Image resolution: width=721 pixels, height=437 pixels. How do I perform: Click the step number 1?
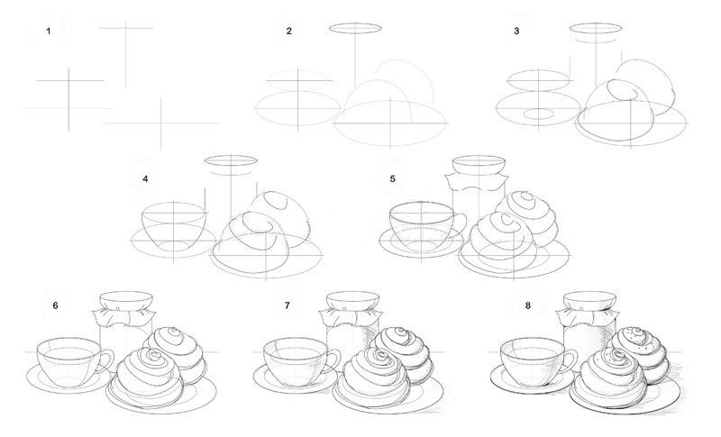49,32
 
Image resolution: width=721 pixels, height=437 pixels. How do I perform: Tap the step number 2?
288,32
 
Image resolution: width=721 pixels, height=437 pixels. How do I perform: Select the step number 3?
516,32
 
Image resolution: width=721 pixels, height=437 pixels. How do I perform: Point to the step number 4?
145,178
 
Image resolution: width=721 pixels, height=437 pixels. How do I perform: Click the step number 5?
392,178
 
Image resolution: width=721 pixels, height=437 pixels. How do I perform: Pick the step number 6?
55,305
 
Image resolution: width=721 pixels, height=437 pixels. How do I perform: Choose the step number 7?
287,305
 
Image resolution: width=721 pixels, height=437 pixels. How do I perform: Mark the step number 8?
528,305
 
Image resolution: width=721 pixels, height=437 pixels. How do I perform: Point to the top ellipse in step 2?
355,29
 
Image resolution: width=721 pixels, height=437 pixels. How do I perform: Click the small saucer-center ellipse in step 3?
539,114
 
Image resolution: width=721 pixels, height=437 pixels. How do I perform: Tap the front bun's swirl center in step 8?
614,355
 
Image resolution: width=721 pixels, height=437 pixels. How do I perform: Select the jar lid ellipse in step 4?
231,160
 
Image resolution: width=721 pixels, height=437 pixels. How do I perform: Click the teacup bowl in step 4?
173,227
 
